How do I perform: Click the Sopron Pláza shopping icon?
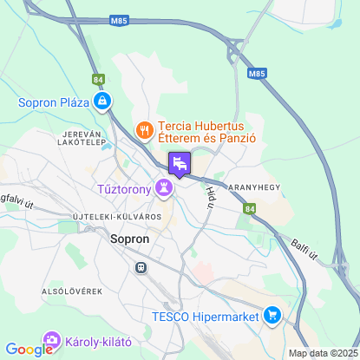click(x=103, y=102)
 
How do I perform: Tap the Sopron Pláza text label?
click(x=55, y=102)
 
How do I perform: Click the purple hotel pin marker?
click(x=180, y=162)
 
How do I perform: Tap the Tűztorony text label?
click(x=121, y=187)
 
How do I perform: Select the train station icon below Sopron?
click(x=140, y=268)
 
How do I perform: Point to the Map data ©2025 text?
click(x=322, y=353)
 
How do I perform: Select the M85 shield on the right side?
click(x=257, y=75)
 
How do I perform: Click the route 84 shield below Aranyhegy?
click(x=250, y=208)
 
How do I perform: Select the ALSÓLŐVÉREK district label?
click(x=72, y=291)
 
